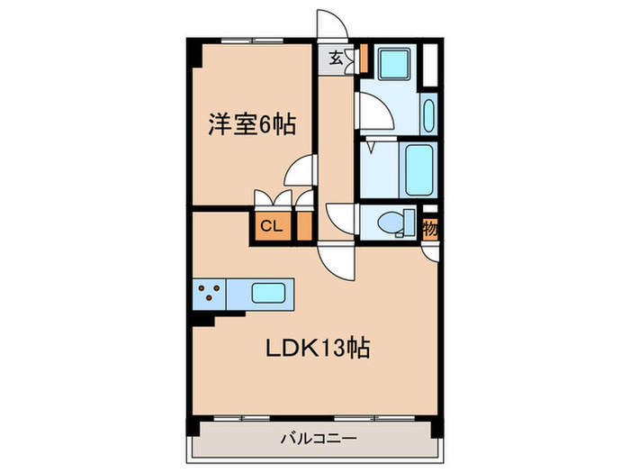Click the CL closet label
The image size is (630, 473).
pyautogui.click(x=271, y=226)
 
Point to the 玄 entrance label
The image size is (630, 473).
pyautogui.click(x=335, y=59)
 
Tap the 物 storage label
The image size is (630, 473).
pyautogui.click(x=430, y=228)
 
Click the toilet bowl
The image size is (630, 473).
pyautogui.click(x=391, y=222)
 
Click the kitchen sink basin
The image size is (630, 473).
pyautogui.click(x=267, y=294)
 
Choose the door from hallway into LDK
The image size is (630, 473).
pyautogui.click(x=338, y=259)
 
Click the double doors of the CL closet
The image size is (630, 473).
pyautogui.click(x=271, y=200)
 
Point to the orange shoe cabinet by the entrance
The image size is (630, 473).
pyautogui.click(x=363, y=59)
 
